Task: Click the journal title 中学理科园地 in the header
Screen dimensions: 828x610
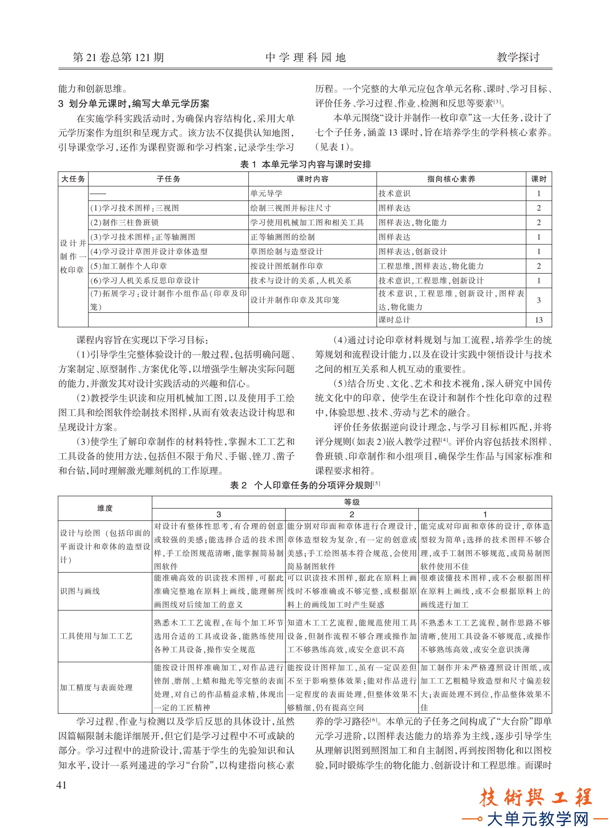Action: (305, 57)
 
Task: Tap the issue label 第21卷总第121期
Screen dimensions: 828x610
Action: (118, 57)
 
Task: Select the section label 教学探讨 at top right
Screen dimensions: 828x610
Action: (518, 57)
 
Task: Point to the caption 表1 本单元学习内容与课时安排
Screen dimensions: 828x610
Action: (305, 165)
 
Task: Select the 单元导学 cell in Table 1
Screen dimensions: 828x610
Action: (266, 193)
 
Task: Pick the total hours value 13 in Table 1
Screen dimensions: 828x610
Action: (538, 320)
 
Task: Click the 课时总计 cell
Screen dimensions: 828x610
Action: (394, 320)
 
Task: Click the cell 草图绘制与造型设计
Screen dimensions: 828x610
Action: (286, 252)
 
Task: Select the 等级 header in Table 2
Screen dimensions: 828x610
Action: (352, 502)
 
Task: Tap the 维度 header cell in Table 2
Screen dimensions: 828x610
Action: (105, 508)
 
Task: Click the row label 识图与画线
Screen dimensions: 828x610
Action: (80, 591)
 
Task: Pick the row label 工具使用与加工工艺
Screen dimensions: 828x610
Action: (96, 636)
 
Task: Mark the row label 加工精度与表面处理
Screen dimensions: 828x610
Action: (96, 687)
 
